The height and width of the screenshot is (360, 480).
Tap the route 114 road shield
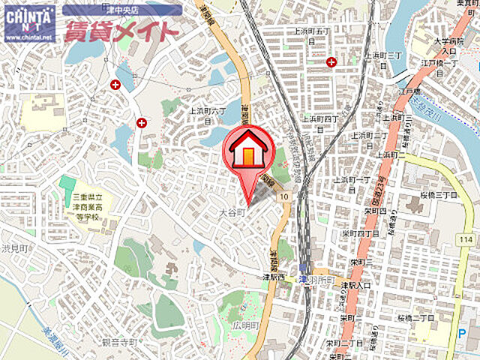(x=467, y=238)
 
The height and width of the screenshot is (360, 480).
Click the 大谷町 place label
(x=233, y=213)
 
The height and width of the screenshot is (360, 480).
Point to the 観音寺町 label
(x=120, y=342)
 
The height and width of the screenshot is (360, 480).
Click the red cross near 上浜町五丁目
(x=331, y=62)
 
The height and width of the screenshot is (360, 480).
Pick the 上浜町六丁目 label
(x=205, y=109)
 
